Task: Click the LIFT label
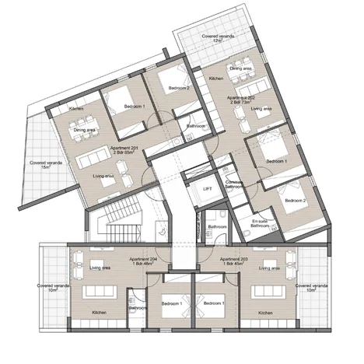pos(208,189)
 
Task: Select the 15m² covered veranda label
pos(40,165)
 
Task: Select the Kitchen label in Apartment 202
pos(216,79)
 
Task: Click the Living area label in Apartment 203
pos(270,268)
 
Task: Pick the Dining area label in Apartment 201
pos(85,130)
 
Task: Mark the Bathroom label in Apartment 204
pos(138,308)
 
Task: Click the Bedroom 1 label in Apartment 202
pos(275,161)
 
